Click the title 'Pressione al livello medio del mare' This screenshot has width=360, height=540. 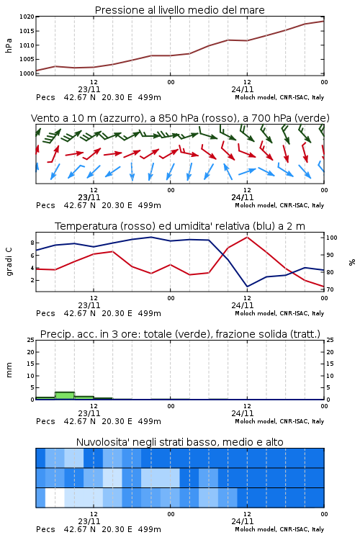pyautogui.click(x=179, y=10)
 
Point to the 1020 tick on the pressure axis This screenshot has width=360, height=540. pyautogui.click(x=27, y=17)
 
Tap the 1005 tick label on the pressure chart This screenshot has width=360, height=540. pyautogui.click(x=27, y=59)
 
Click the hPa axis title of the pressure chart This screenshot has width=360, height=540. pyautogui.click(x=9, y=45)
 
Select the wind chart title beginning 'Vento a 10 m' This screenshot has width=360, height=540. pyautogui.click(x=180, y=118)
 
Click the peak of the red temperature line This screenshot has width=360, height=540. pyautogui.click(x=247, y=237)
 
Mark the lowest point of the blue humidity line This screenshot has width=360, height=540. pyautogui.click(x=247, y=287)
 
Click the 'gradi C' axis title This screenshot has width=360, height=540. pyautogui.click(x=9, y=262)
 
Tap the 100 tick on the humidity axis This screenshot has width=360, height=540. pyautogui.click(x=331, y=238)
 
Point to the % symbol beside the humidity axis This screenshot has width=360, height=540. pyautogui.click(x=352, y=262)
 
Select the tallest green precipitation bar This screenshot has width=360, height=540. pyautogui.click(x=65, y=395)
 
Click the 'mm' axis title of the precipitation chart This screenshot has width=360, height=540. pyautogui.click(x=9, y=370)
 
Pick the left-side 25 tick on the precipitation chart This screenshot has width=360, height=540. pyautogui.click(x=31, y=340)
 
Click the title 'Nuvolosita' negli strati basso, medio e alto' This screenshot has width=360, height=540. pyautogui.click(x=179, y=442)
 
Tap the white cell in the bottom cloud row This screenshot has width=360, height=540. pyautogui.click(x=55, y=498)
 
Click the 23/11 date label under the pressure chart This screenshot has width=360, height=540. pyautogui.click(x=89, y=89)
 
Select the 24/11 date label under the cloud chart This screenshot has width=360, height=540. pyautogui.click(x=243, y=521)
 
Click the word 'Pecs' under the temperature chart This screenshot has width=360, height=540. pyautogui.click(x=45, y=313)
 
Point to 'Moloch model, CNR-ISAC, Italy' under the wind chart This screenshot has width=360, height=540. pyautogui.click(x=279, y=205)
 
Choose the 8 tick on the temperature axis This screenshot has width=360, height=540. pyautogui.click(x=32, y=243)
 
